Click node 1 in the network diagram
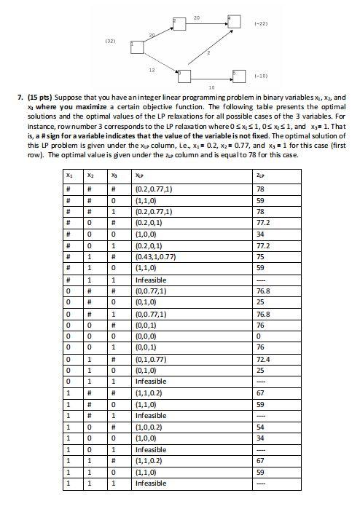[x=136, y=47]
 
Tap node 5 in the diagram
[x=238, y=76]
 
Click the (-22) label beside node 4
[x=262, y=24]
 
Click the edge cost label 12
[x=151, y=71]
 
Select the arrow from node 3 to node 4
[x=208, y=47]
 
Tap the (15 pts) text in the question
[x=40, y=97]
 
